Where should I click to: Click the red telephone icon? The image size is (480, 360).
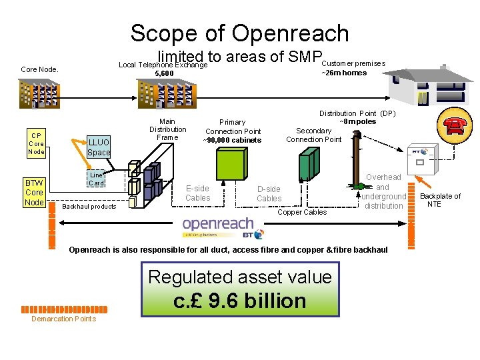[x=455, y=125]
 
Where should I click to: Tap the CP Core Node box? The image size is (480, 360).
[x=35, y=143]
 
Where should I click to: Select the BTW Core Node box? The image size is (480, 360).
[x=34, y=193]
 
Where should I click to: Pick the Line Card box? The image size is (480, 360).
[x=97, y=179]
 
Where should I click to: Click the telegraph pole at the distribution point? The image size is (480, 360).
[x=357, y=160]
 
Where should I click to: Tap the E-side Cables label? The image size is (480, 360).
[x=197, y=193]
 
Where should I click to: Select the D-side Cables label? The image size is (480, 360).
[x=269, y=193]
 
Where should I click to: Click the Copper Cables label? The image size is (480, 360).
[x=302, y=212]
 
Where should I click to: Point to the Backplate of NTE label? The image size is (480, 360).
[x=439, y=200]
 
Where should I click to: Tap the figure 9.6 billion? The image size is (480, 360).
[x=239, y=301]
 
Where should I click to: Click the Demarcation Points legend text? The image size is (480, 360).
[x=63, y=319]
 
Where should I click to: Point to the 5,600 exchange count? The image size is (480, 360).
[x=164, y=73]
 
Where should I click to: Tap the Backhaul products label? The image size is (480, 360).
[x=89, y=206]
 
